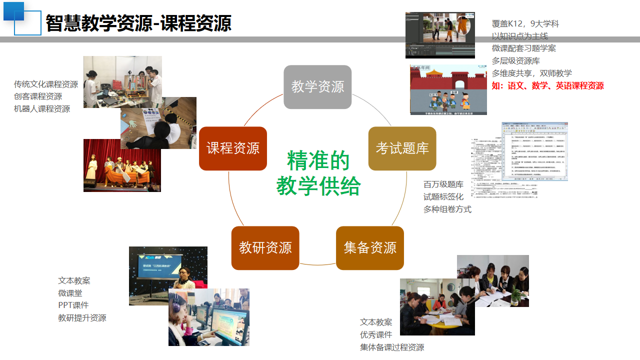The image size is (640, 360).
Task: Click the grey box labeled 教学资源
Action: [317, 87]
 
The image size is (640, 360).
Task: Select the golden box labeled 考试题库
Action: [402, 148]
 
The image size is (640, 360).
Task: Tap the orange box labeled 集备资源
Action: [370, 248]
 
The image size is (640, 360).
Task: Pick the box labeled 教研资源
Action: [265, 248]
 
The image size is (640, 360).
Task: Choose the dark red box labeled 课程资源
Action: [233, 148]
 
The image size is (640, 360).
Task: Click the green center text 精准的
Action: [318, 160]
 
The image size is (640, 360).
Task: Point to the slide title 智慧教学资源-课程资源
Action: [138, 23]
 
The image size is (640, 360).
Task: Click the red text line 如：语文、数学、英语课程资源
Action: [547, 86]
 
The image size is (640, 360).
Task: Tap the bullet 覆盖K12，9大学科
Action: [525, 23]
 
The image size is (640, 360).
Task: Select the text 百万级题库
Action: [443, 184]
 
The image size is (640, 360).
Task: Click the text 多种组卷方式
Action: [447, 209]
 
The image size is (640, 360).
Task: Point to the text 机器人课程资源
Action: [42, 108]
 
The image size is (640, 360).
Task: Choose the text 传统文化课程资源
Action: [46, 84]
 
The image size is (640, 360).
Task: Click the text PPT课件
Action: [73, 305]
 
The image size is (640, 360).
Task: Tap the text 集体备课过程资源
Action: [392, 347]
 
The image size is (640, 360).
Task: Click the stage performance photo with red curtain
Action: [122, 165]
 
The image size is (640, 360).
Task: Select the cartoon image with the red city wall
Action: [448, 89]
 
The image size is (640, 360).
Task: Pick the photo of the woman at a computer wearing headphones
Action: [208, 317]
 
